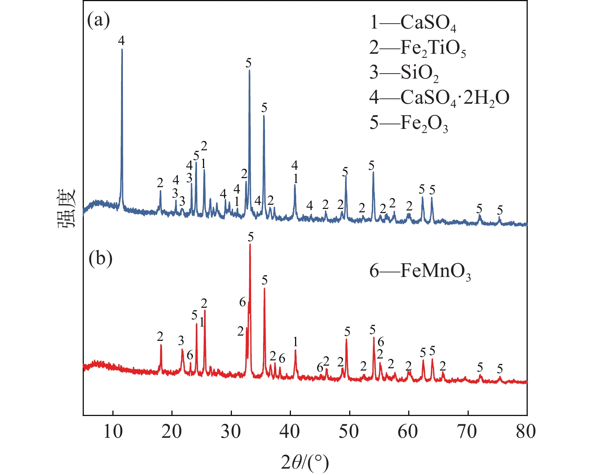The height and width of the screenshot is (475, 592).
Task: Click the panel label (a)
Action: pos(98,21)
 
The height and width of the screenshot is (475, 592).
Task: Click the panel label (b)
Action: pos(100,259)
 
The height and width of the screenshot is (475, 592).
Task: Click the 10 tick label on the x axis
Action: pos(112,432)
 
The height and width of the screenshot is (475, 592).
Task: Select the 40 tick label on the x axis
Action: pos(290,432)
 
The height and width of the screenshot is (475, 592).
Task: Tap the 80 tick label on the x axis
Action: pos(526,432)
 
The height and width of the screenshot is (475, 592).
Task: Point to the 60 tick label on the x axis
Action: pos(408,432)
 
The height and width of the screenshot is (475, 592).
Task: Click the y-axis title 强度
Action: pos(67,208)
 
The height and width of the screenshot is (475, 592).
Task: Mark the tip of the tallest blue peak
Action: pos(122,49)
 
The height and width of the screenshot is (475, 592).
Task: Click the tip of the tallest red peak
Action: pos(250,245)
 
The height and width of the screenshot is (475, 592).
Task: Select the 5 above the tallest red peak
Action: pos(251,237)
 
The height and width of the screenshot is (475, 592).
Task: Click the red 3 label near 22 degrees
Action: pos(181,341)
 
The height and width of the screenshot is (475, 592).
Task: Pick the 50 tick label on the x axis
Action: pos(349,432)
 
